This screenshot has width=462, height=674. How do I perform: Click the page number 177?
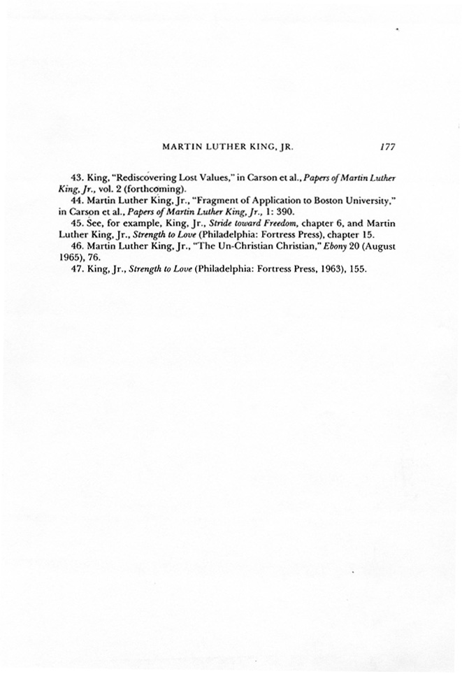pyautogui.click(x=388, y=148)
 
